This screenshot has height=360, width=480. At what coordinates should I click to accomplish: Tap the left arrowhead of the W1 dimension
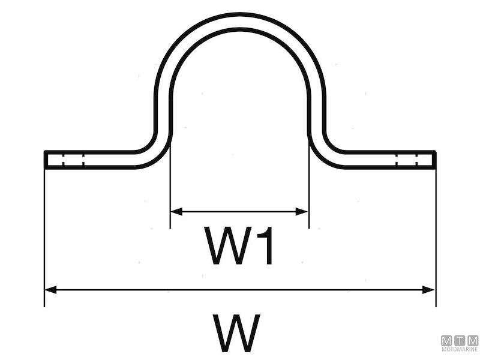[175, 211]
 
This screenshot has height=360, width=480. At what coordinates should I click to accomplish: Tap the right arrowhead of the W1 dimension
[304, 211]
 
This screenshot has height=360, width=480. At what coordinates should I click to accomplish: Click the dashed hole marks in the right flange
[407, 160]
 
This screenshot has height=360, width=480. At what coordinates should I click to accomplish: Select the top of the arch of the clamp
[240, 20]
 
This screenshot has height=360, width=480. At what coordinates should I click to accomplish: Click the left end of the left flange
[46, 160]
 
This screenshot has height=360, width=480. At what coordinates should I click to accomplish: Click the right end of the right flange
[434, 160]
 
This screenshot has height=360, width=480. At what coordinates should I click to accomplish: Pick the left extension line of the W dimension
[45, 240]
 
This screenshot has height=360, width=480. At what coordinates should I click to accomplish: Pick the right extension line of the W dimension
[435, 240]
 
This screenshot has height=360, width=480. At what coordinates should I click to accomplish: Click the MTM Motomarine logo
[460, 343]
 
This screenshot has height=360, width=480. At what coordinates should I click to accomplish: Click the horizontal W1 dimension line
[240, 211]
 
